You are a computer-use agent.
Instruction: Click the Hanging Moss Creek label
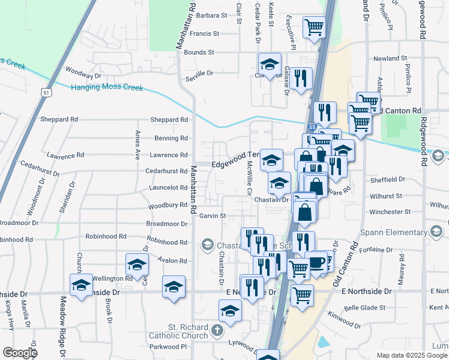point(107,88)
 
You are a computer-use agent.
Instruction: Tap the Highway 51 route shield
point(46,92)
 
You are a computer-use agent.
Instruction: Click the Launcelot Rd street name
point(166,188)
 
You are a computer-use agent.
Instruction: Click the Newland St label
point(390,59)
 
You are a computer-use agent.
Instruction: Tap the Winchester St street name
point(390,212)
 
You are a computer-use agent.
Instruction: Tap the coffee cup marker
point(316,262)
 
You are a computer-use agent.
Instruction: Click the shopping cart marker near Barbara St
point(314,27)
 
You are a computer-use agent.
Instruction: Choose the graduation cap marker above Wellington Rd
point(137,265)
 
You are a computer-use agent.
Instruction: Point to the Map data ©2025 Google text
point(411,355)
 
